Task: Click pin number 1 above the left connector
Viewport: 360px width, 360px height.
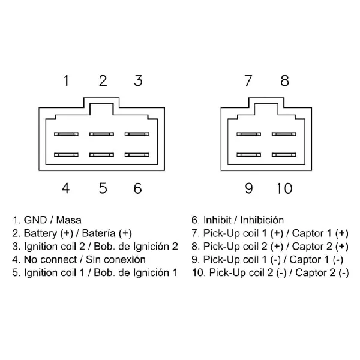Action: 66,80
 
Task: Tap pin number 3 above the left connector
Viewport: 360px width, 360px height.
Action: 138,80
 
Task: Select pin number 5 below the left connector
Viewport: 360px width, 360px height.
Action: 103,188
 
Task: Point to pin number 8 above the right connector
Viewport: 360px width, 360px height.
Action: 284,80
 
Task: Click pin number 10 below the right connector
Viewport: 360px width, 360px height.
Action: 284,188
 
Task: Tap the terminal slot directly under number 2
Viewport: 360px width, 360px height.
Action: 101,134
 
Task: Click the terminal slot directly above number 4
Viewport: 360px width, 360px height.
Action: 66,155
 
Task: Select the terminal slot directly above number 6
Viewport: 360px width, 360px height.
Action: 137,155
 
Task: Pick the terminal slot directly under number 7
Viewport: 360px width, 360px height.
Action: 248,134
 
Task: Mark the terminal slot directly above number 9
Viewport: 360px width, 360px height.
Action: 248,155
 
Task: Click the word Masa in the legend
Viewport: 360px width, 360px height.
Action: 68,220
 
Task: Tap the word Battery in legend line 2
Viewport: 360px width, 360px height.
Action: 40,233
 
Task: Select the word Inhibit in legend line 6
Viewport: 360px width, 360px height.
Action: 217,220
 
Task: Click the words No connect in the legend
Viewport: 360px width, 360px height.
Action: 50,260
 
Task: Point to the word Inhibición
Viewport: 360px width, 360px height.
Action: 262,220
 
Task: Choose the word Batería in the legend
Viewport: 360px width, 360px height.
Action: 99,233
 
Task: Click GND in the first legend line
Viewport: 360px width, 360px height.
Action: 35,220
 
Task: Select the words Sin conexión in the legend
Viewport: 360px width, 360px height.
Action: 116,260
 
